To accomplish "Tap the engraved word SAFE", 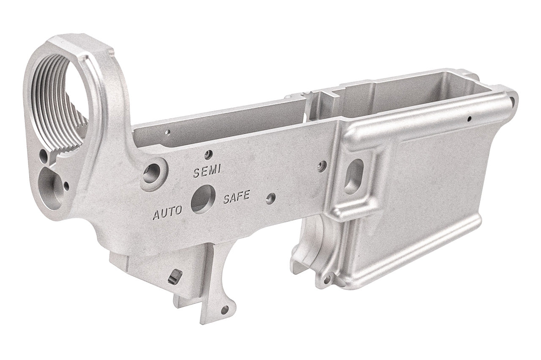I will [x=237, y=197].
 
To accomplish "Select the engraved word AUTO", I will [x=167, y=213].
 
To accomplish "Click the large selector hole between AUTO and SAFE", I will [x=203, y=199].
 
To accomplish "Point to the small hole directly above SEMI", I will [x=208, y=154].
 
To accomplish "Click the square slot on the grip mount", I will [x=175, y=276].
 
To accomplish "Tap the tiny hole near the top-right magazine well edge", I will [x=469, y=119].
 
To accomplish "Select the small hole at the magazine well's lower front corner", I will [x=327, y=279].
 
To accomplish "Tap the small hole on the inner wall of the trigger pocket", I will [x=167, y=132].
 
